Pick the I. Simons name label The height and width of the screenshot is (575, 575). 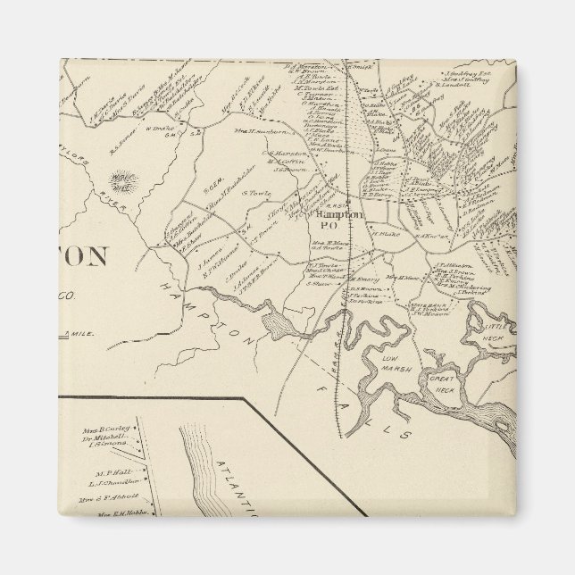112,443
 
